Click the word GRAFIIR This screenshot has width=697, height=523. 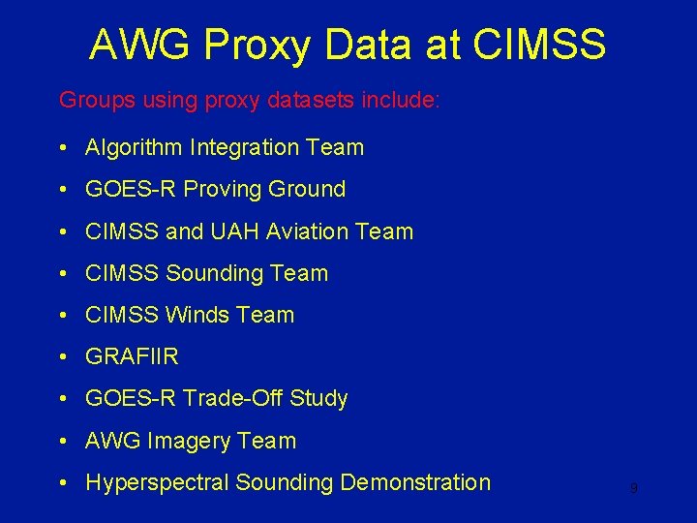(132, 356)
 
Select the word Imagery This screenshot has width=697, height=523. (189, 441)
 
